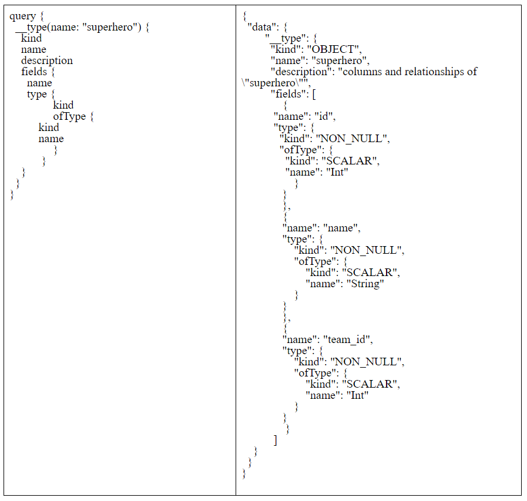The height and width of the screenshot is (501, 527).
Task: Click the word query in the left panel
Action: tap(22, 16)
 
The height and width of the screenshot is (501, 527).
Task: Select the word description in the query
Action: tap(47, 60)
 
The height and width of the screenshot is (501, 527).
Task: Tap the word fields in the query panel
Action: tap(34, 72)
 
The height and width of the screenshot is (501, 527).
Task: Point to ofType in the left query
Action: tap(69, 116)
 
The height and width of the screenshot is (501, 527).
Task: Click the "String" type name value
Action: tap(365, 284)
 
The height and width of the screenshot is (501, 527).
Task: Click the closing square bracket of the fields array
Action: tap(275, 440)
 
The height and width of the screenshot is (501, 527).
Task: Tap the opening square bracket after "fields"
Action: tap(314, 94)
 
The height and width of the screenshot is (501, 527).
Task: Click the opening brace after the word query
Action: tap(42, 16)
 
